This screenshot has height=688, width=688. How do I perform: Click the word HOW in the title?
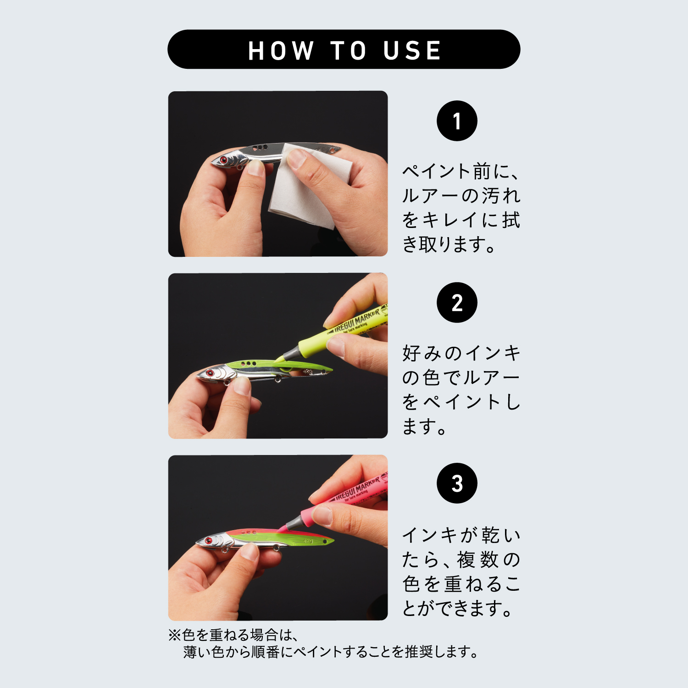coord(281,50)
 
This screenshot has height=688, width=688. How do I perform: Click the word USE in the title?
coord(412,50)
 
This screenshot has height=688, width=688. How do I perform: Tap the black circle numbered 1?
coord(457,121)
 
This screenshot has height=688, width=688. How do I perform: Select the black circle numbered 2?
coord(457,302)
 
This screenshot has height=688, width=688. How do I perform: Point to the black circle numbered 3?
coord(457,483)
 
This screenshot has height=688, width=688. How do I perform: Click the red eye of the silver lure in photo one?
coord(223,160)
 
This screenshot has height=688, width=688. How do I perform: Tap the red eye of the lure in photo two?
coord(210,373)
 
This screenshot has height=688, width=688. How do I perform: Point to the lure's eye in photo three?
coord(209,540)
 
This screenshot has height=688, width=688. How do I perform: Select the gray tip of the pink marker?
coord(288,523)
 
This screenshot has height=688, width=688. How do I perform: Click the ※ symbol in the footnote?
coord(175,635)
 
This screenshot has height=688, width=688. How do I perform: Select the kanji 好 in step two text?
coord(412,353)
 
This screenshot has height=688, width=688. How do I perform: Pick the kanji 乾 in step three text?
coord(490,535)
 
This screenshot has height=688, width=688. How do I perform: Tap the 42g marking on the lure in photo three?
coord(308,541)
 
